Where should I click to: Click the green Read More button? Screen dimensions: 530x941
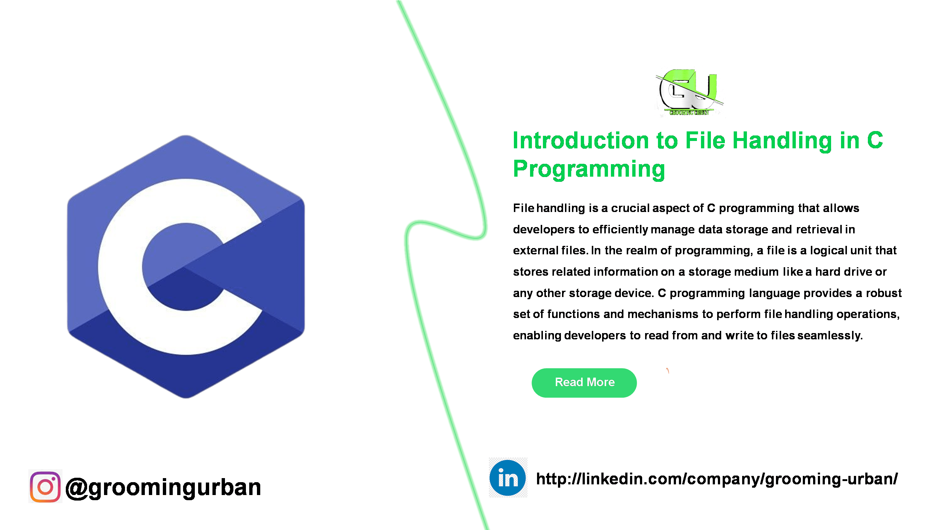pos(584,382)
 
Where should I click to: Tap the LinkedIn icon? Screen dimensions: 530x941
pos(508,478)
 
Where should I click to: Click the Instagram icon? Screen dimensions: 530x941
pos(45,487)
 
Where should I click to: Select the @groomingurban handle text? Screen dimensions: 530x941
pos(163,487)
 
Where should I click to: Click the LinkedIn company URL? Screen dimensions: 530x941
pos(716,479)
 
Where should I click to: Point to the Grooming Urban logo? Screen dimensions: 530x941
pos(689,92)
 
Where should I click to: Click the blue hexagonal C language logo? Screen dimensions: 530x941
pos(186,266)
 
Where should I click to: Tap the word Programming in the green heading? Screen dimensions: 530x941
pos(589,169)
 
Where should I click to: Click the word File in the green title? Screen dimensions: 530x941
pos(705,141)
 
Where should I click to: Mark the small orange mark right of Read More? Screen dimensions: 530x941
pos(668,371)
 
